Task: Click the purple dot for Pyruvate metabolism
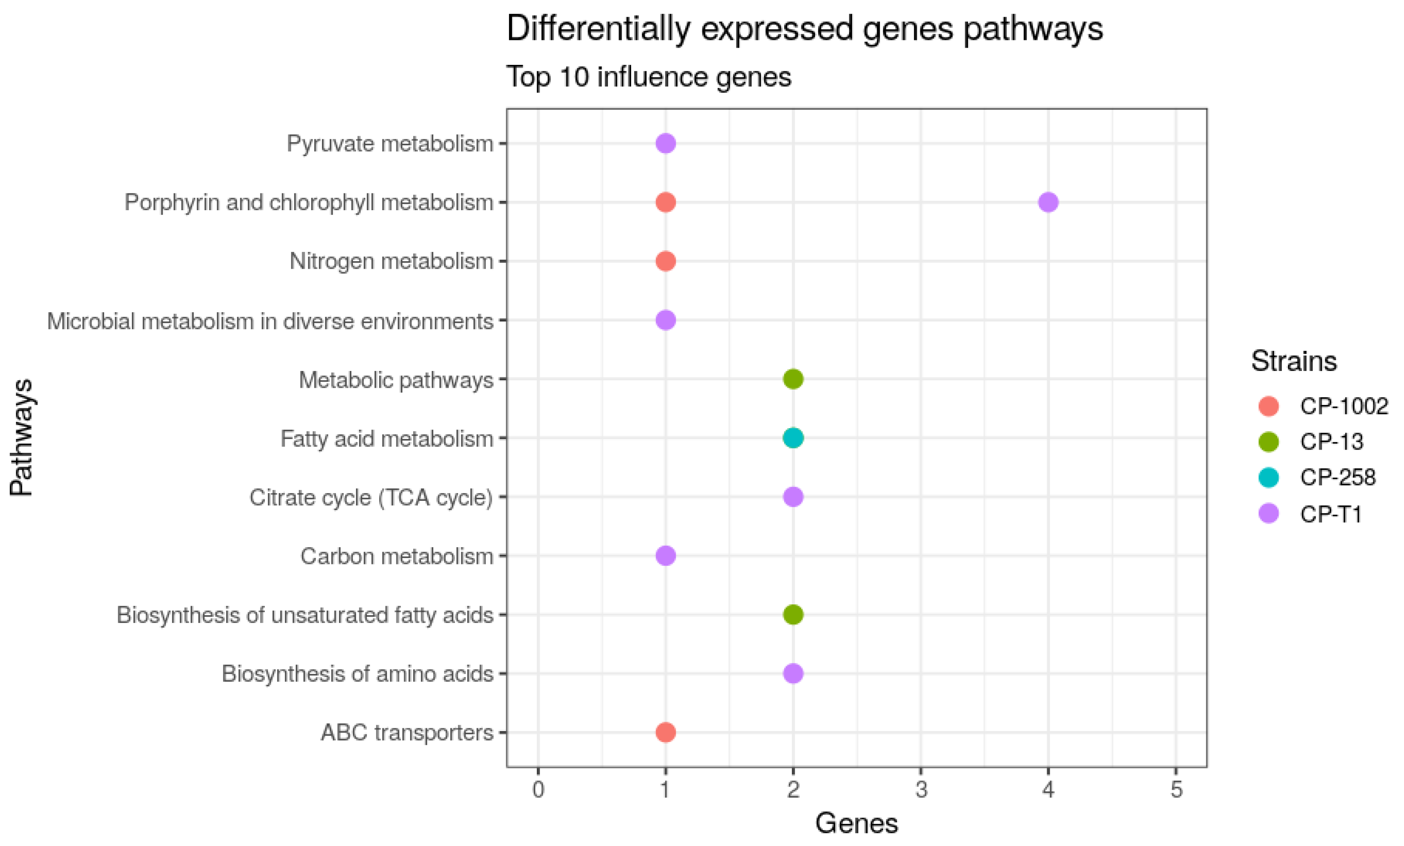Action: (x=665, y=143)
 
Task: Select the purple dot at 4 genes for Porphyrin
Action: (x=1048, y=202)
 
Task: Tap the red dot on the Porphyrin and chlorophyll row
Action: (x=665, y=202)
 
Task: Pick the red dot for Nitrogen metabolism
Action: (x=665, y=261)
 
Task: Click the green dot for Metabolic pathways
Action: (x=793, y=378)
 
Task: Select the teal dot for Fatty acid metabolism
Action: (x=793, y=438)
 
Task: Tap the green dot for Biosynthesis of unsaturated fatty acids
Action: (x=793, y=614)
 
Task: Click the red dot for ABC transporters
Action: (x=665, y=732)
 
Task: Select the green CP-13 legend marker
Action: (x=1269, y=441)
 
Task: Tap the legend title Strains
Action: (x=1294, y=361)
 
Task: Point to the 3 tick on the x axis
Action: (x=921, y=790)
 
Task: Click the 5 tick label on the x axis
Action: (x=1176, y=790)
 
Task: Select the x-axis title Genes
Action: (x=856, y=824)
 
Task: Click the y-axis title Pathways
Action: (x=21, y=438)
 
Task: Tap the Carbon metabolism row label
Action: (x=397, y=556)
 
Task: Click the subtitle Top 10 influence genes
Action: (x=648, y=77)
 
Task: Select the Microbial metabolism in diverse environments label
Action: (x=270, y=321)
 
